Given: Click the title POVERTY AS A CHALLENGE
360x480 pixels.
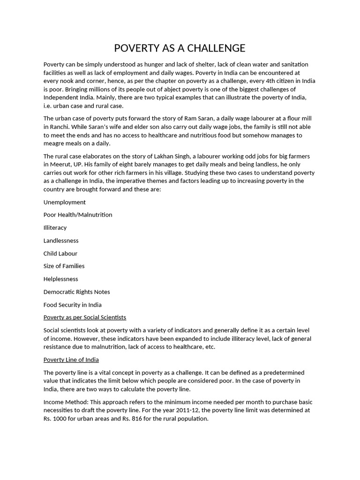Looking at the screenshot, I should pos(180,48).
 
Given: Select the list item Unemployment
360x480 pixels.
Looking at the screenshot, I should pos(65,202).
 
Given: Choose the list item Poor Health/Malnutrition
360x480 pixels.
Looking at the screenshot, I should pos(78,215).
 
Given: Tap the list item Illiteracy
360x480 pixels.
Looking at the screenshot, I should pos(55,228).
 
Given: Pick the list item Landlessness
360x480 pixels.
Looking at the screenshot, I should pos(61,240).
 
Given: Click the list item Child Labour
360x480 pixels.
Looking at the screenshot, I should pos(60,254).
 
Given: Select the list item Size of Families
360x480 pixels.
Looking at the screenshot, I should pos(64,266).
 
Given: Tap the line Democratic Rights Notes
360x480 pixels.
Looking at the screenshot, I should pos(76,292).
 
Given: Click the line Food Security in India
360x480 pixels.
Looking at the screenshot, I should pos(72,305).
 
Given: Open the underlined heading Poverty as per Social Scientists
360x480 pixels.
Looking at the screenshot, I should pos(85,317).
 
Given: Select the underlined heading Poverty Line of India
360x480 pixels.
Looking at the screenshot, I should pos(71,360).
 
